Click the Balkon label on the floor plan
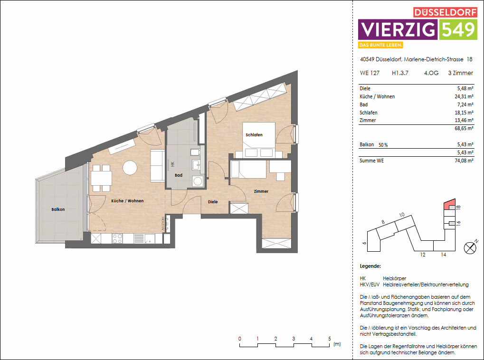click(58, 209)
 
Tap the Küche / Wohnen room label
click(127, 201)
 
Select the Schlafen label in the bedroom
click(254, 135)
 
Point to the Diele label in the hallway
click(213, 202)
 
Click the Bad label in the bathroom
click(179, 175)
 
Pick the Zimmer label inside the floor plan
click(261, 191)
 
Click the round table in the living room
click(130, 168)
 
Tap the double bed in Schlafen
click(259, 140)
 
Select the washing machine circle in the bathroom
click(197, 181)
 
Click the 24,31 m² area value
click(464, 96)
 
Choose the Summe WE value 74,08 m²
click(464, 161)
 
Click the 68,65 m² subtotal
click(464, 128)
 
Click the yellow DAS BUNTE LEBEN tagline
click(381, 45)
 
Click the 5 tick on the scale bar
click(329, 339)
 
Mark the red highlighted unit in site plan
click(448, 206)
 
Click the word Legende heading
click(370, 266)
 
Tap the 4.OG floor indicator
click(431, 73)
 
